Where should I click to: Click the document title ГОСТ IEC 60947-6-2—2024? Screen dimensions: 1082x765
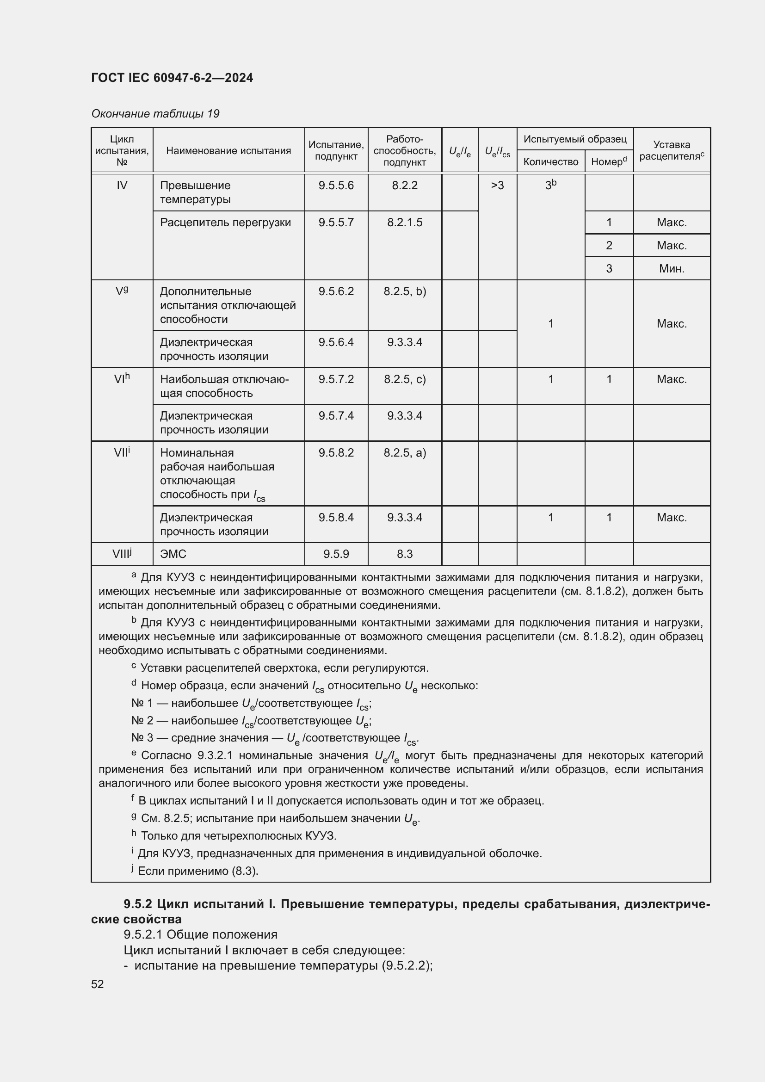coord(172,78)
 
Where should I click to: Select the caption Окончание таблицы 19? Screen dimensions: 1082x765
coord(155,114)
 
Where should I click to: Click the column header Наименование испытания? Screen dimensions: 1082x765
coord(228,151)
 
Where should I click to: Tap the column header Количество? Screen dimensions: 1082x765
coord(550,161)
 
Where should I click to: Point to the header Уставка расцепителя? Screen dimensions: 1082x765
coord(671,150)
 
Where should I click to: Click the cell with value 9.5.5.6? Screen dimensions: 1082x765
coord(336,185)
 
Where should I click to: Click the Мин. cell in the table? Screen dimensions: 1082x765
coord(671,269)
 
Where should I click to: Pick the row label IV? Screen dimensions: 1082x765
coord(122,185)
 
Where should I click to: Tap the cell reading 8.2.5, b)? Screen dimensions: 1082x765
coord(404,291)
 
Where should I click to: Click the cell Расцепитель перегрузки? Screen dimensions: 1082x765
coord(225,223)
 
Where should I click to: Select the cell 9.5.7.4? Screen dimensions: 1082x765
coord(336,416)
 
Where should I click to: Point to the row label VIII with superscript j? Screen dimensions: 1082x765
coord(122,554)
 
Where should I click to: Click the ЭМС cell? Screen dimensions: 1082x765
coord(173,554)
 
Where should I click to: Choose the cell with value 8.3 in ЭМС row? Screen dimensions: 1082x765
coord(404,554)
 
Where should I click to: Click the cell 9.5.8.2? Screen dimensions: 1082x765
coord(336,452)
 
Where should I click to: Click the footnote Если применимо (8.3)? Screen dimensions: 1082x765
coord(198,871)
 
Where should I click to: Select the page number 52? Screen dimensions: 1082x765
coord(98,984)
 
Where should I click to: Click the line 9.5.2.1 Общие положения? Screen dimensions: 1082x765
coord(200,934)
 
